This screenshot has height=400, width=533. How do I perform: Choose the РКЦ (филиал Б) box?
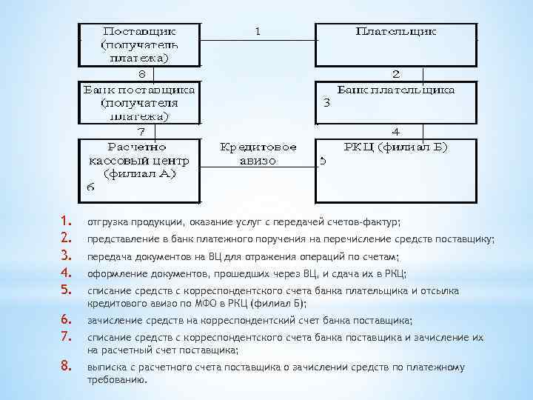point(396,170)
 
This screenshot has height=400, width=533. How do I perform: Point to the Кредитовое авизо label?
point(258,153)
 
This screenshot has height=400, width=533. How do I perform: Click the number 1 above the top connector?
point(258,32)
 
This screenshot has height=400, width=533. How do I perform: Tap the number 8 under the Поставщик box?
point(143,74)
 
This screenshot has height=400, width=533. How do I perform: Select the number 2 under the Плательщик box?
point(396,74)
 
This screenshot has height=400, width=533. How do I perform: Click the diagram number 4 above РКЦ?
point(395,132)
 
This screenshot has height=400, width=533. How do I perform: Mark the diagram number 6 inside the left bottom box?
point(90,187)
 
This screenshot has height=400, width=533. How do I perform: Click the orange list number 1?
point(65,221)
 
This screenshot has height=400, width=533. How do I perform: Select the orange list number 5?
point(65,290)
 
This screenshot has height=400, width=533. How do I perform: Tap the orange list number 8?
point(65,365)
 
